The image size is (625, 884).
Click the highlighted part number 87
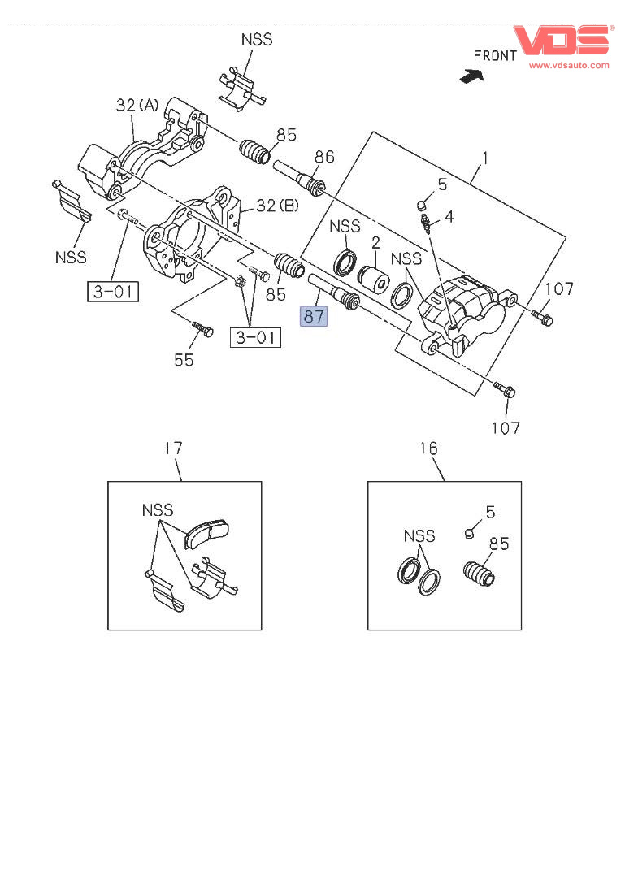[314, 315]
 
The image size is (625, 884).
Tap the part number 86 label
[324, 157]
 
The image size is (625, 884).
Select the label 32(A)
[137, 105]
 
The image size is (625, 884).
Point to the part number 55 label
[184, 359]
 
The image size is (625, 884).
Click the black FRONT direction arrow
[470, 76]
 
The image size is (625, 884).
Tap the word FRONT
[495, 56]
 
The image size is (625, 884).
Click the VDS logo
[561, 40]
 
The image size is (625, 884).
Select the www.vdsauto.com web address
[569, 65]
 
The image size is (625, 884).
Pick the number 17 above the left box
[173, 448]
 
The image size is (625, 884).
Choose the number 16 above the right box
[428, 448]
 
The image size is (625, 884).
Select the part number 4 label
[449, 217]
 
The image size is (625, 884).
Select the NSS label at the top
[256, 39]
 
